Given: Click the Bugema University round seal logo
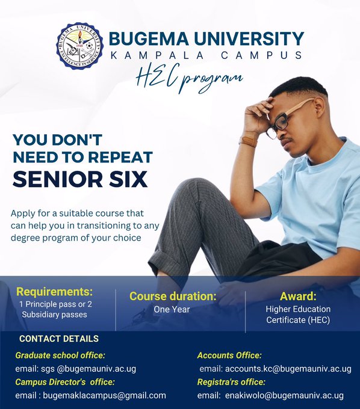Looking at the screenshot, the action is [79, 46].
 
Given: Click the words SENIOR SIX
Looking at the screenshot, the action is [80, 179].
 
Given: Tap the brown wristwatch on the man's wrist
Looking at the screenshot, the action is [248, 141].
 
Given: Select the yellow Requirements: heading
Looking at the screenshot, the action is [55, 292].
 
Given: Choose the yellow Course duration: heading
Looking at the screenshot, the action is [173, 296].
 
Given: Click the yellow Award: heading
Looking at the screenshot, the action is [298, 296].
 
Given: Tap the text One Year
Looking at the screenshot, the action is [172, 309].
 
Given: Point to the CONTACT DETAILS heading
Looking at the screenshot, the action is [59, 339].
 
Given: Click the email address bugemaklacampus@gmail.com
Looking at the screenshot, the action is [104, 395].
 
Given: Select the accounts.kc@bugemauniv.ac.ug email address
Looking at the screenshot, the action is [288, 369].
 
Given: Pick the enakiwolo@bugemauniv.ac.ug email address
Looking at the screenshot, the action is [284, 395].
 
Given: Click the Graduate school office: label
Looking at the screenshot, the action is [60, 355].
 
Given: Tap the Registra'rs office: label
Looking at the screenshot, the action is [231, 382].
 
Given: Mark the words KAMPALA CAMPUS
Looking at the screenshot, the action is [206, 55].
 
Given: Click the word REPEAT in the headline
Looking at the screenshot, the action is [120, 157].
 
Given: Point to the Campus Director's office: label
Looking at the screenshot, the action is [65, 382].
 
